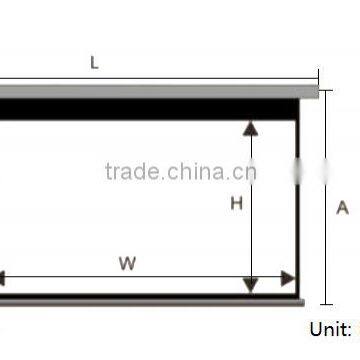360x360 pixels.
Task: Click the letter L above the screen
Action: [x=95, y=63]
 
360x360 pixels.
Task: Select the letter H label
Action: [x=237, y=204]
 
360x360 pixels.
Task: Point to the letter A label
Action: [x=342, y=208]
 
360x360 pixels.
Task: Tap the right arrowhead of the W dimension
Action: [x=288, y=278]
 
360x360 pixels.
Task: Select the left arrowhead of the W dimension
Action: [x=4, y=278]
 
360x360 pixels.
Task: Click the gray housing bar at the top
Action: [x=150, y=93]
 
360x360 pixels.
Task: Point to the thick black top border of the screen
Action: [x=150, y=109]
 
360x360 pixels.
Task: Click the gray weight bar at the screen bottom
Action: [x=150, y=299]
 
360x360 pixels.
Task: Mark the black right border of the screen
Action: [x=298, y=200]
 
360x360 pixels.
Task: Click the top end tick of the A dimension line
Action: [x=326, y=90]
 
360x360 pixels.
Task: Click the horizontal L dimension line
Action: [x=150, y=79]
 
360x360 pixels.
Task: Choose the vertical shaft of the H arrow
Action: [x=251, y=240]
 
